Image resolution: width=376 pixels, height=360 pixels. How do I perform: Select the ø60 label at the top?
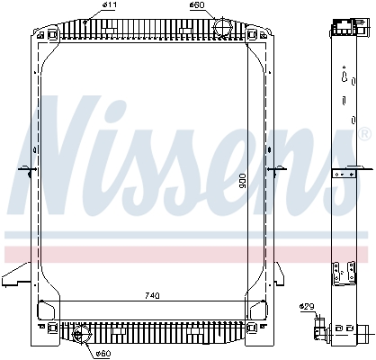[197, 6]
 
